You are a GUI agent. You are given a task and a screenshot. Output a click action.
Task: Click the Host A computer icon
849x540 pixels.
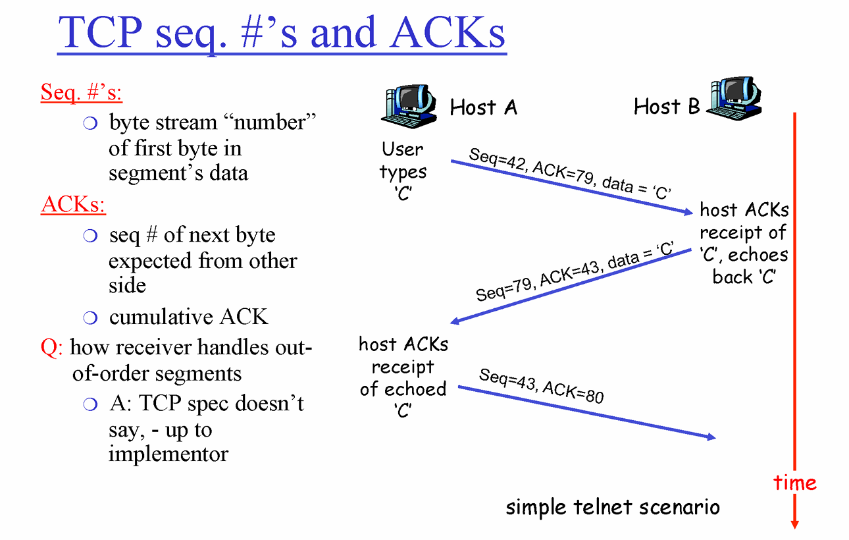click(x=408, y=105)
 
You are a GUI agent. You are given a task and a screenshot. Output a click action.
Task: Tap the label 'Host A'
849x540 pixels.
click(x=483, y=107)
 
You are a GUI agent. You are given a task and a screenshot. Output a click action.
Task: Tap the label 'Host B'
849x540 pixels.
click(x=666, y=106)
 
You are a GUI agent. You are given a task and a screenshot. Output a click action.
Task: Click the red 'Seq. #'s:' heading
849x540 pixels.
click(x=81, y=92)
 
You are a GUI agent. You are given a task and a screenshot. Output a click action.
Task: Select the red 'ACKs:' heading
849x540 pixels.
click(x=73, y=205)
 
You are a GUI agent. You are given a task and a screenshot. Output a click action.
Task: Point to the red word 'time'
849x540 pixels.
click(x=795, y=483)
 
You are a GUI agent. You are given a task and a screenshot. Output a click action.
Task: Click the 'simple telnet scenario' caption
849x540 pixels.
click(x=612, y=507)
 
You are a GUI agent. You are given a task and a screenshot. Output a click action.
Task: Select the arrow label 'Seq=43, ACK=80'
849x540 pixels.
click(x=541, y=385)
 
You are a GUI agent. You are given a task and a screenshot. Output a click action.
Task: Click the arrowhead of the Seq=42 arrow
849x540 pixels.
click(x=688, y=212)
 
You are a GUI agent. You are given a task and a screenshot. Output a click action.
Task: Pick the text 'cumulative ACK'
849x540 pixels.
click(x=188, y=317)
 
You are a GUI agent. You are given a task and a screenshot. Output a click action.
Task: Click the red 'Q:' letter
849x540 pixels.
click(x=51, y=347)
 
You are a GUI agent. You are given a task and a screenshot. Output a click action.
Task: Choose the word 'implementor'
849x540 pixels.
click(x=168, y=454)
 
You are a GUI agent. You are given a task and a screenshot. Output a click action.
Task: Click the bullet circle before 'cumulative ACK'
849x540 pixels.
click(x=91, y=318)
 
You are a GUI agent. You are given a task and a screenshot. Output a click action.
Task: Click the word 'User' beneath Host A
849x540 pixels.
click(x=402, y=149)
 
